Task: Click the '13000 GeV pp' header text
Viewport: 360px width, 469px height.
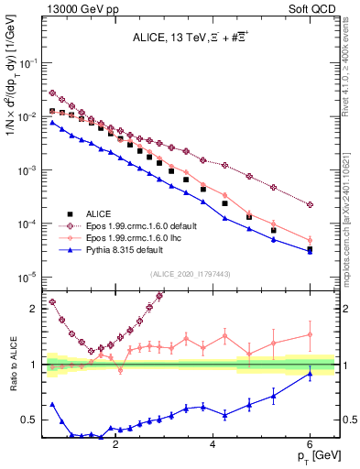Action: (76, 8)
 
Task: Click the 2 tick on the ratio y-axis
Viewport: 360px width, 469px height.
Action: (35, 309)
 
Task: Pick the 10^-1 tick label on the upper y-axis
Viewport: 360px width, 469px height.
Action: (27, 63)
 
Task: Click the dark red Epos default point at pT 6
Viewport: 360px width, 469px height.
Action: (311, 205)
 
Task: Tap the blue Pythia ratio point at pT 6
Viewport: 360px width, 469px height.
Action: (311, 374)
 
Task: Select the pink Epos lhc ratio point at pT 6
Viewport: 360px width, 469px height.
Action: (311, 334)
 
